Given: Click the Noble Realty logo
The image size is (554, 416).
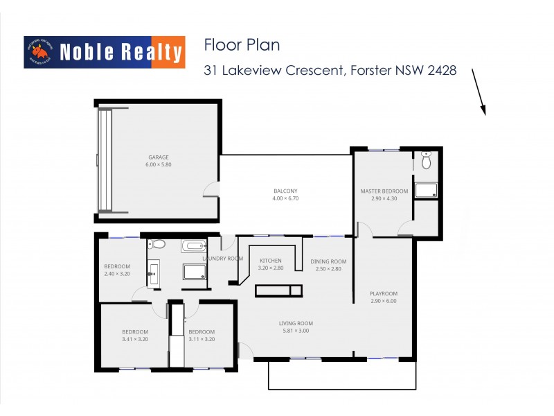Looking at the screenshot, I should pyautogui.click(x=105, y=52).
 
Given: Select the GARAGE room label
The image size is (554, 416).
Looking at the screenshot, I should pyautogui.click(x=158, y=157).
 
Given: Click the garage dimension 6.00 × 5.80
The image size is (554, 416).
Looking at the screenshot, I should pyautogui.click(x=158, y=165).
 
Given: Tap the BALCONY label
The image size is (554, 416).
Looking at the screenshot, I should pyautogui.click(x=285, y=191).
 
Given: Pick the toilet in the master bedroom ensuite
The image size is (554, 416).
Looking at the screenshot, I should pyautogui.click(x=426, y=160).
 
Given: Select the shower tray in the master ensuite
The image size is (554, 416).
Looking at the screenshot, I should pyautogui.click(x=425, y=191).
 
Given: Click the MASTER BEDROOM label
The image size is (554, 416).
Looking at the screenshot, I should pyautogui.click(x=384, y=191).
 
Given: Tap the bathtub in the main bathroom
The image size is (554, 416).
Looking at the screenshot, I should pyautogui.click(x=193, y=245).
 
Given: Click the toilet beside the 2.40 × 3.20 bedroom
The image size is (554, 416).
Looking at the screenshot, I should pyautogui.click(x=157, y=244).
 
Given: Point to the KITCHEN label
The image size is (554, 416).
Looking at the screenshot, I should pyautogui.click(x=270, y=261).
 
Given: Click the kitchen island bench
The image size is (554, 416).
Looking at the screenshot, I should pyautogui.click(x=278, y=291).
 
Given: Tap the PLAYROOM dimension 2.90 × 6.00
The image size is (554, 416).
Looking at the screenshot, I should pyautogui.click(x=384, y=302).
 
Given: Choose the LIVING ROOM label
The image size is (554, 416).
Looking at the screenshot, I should pyautogui.click(x=296, y=323).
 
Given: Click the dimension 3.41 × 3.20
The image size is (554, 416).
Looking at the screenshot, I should pyautogui.click(x=135, y=340).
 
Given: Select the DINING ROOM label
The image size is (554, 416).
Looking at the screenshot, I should pyautogui.click(x=330, y=261).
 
